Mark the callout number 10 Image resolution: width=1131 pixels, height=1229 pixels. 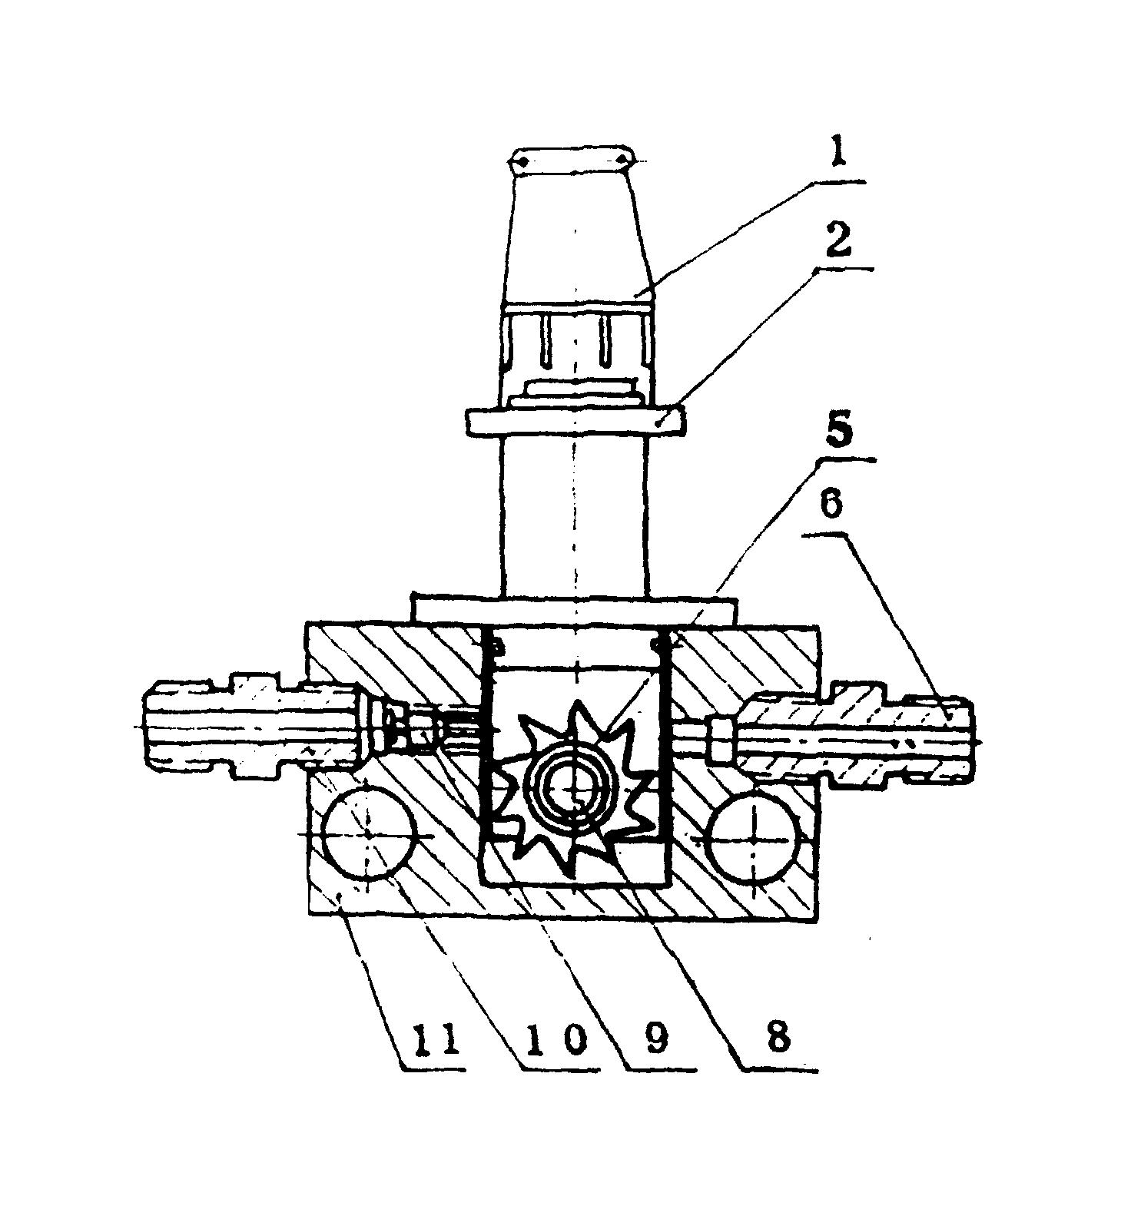point(550,1039)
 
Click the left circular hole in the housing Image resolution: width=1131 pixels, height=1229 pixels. point(370,833)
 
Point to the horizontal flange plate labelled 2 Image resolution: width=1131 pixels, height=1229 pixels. point(575,422)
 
